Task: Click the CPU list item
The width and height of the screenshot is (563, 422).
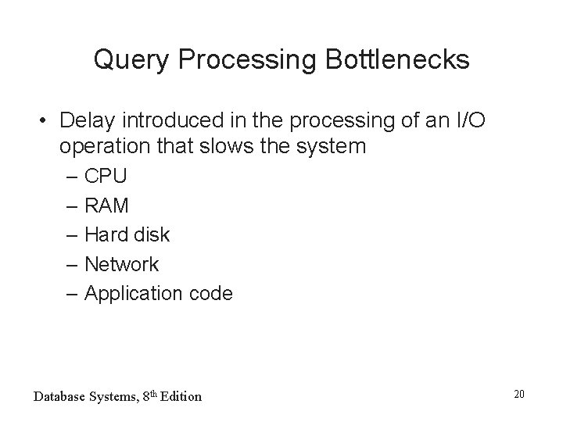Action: tap(106, 176)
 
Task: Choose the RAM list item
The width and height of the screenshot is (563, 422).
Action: tap(107, 206)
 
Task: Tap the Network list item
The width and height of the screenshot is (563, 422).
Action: tap(121, 264)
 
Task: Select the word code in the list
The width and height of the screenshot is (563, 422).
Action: tap(210, 293)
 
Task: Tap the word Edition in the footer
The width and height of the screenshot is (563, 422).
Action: tap(181, 396)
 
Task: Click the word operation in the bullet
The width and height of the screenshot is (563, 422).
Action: tap(101, 146)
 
